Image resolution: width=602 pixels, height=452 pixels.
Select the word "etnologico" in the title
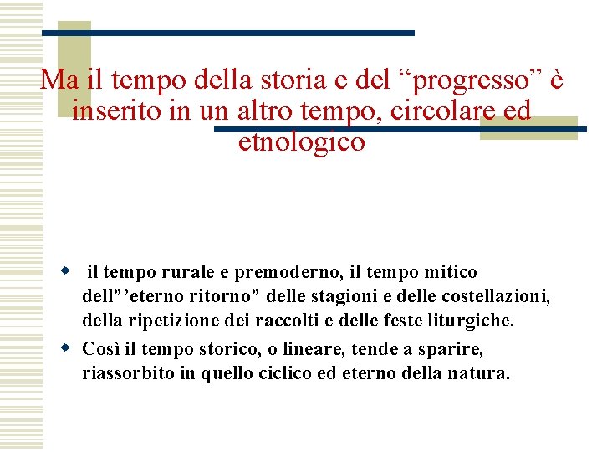click(302, 142)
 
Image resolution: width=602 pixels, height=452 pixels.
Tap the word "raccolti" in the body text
click(315, 321)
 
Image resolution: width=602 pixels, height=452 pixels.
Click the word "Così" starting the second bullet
click(101, 348)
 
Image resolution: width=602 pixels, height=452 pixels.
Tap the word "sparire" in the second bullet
click(453, 348)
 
